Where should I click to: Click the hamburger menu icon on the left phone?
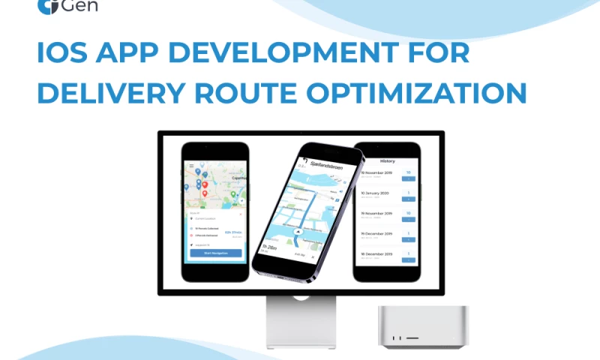pyautogui.click(x=191, y=165)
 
